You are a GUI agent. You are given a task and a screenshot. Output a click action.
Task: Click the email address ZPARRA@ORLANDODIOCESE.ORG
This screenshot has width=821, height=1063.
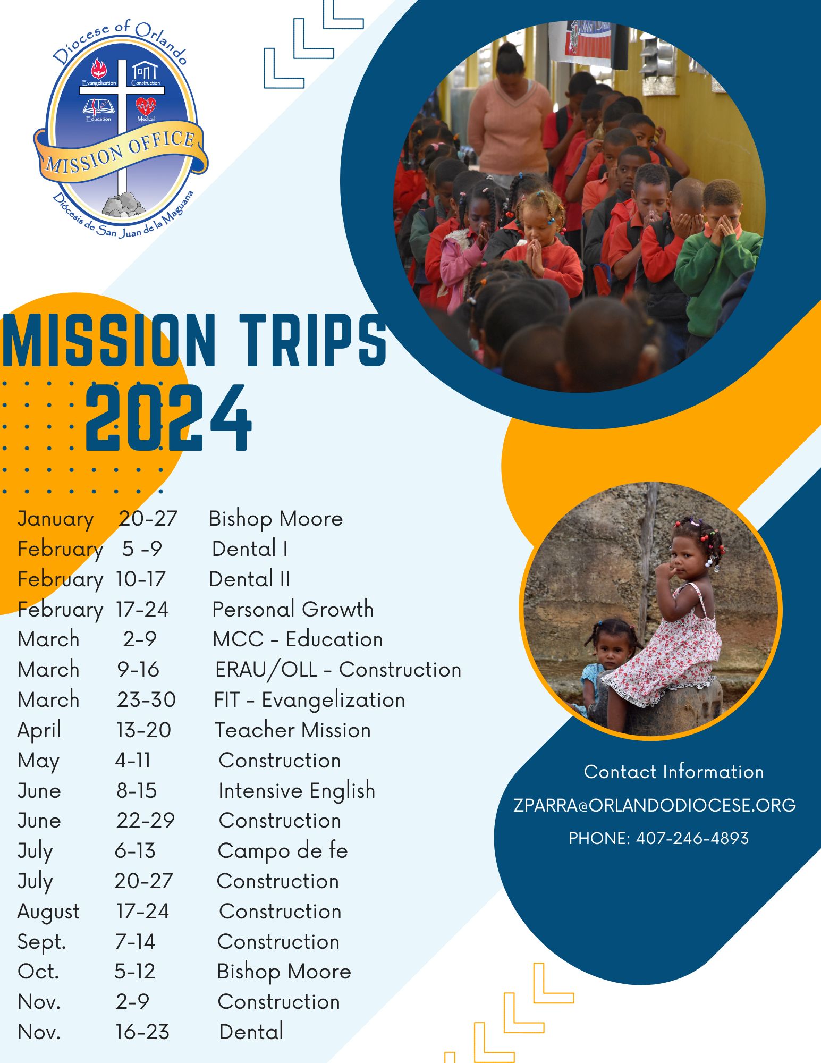(655, 805)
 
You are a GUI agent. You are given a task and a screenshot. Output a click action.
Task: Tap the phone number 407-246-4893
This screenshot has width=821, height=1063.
(692, 838)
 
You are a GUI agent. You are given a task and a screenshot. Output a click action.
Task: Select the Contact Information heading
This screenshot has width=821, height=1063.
(674, 772)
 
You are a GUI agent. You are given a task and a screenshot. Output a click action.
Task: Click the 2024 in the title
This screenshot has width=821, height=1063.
(168, 418)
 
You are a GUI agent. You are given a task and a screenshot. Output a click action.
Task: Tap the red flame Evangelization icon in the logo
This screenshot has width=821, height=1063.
(99, 70)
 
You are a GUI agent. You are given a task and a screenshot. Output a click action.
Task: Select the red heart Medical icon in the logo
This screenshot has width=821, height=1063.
(146, 106)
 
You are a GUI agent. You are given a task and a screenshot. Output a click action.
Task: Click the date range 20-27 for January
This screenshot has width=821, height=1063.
(148, 518)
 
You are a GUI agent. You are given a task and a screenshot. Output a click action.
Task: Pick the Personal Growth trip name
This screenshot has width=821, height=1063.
(293, 609)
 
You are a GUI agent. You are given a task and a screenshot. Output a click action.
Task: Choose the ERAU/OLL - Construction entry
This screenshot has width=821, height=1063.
(338, 670)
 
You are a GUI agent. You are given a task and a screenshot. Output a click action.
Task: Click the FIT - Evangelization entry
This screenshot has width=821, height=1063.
(309, 700)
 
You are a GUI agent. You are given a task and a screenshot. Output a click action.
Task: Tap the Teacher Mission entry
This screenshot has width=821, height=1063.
(292, 730)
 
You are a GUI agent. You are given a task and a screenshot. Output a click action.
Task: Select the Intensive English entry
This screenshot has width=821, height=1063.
(297, 791)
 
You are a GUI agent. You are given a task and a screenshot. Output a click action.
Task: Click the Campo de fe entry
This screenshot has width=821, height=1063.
(283, 851)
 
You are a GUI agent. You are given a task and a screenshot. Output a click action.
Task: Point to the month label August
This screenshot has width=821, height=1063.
(48, 912)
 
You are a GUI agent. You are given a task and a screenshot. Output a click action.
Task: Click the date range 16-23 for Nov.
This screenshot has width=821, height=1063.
(142, 1032)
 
